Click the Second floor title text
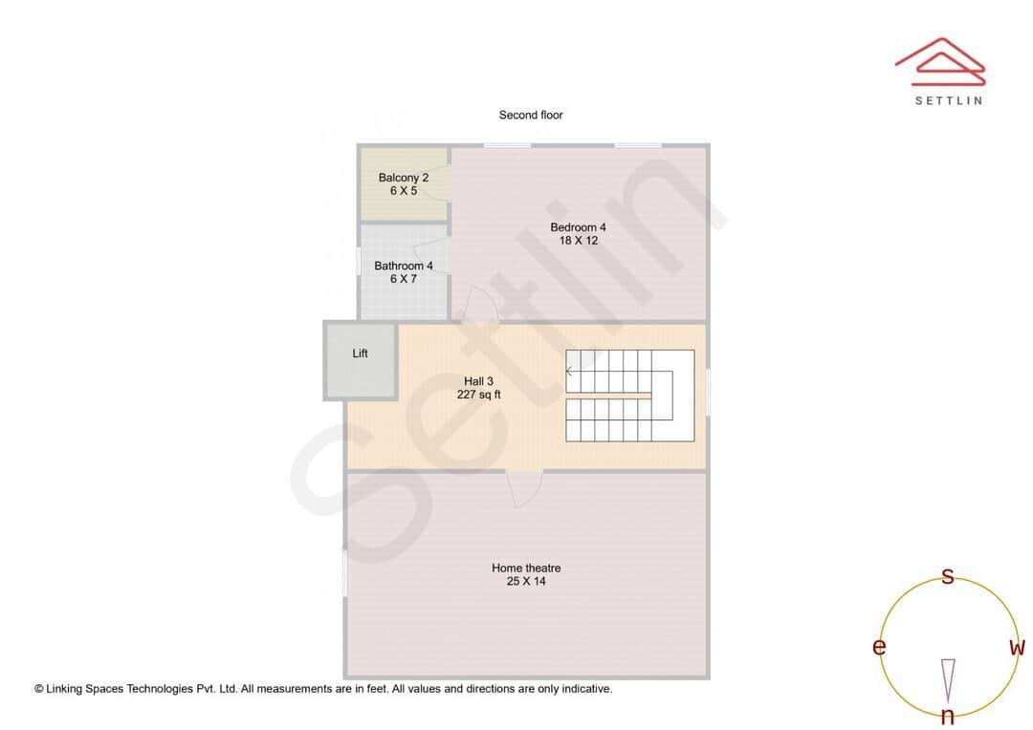[531, 115]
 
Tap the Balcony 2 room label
[403, 178]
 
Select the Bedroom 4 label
[578, 227]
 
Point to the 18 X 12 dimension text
[578, 241]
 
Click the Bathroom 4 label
[403, 266]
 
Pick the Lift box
[361, 359]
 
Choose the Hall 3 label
[478, 380]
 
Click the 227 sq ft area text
[478, 394]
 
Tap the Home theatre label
[526, 568]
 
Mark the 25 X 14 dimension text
[526, 581]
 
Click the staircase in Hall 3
[629, 395]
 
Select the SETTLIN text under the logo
[948, 100]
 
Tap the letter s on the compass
[948, 575]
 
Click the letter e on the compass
[878, 647]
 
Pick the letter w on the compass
[1017, 647]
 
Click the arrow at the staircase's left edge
[570, 371]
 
